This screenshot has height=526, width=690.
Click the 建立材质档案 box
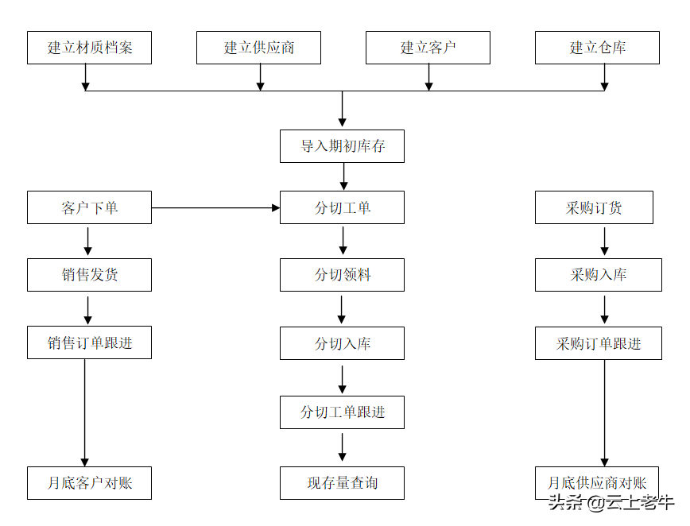(89, 48)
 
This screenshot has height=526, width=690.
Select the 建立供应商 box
(258, 48)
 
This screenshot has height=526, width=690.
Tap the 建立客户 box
(428, 48)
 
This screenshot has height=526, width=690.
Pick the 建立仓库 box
(597, 48)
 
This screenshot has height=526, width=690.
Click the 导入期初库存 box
(342, 146)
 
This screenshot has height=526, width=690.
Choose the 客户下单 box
(89, 207)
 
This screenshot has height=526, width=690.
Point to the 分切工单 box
(342, 207)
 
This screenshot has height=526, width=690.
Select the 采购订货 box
(594, 207)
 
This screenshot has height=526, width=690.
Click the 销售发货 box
(89, 275)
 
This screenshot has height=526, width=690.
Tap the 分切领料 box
(342, 275)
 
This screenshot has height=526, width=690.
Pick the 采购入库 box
(597, 275)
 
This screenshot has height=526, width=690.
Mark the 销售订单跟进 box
(89, 342)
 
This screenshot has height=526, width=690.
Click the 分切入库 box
(342, 343)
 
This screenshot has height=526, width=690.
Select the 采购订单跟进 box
(598, 343)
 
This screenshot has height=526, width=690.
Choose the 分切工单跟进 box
(342, 412)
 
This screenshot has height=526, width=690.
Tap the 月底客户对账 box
(89, 483)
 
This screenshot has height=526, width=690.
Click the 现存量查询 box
(342, 483)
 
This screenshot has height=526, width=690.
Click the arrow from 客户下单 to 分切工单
(215, 208)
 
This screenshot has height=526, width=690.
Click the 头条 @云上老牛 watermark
(611, 502)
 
